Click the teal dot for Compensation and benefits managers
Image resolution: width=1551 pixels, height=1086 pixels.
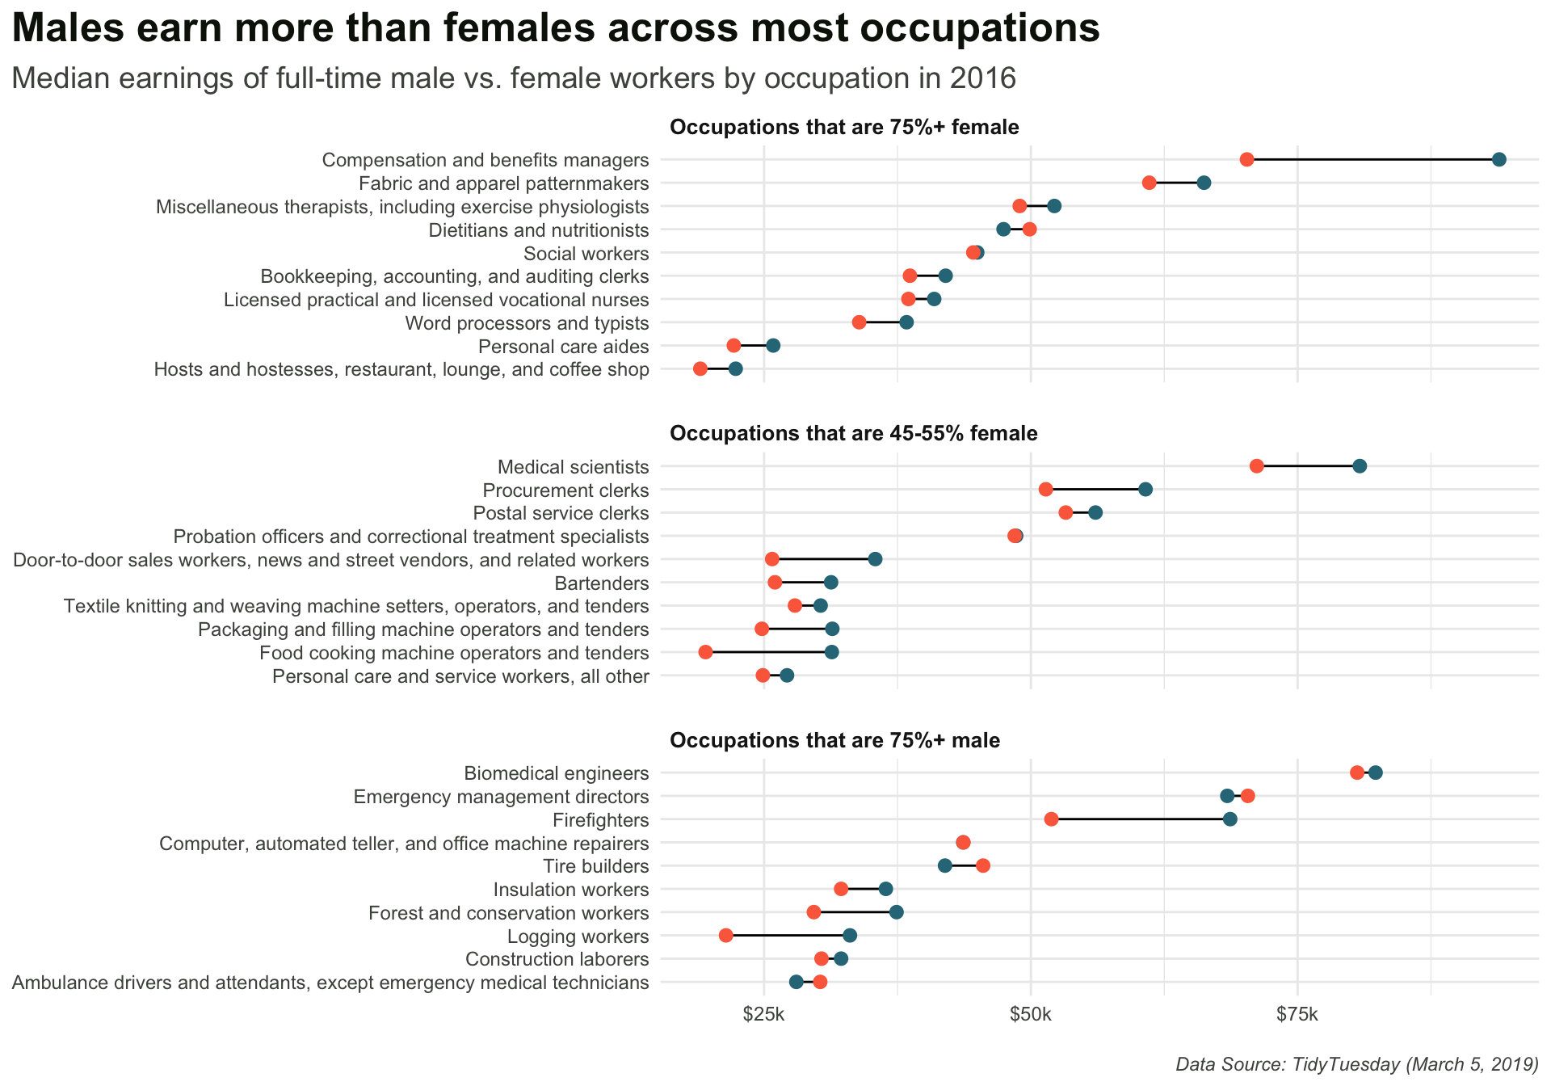click(1498, 159)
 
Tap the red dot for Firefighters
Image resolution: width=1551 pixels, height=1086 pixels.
click(1051, 819)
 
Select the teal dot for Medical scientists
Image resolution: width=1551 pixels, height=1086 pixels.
click(1360, 466)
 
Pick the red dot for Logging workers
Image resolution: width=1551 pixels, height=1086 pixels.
click(725, 936)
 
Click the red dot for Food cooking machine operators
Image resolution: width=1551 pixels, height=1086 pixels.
click(705, 652)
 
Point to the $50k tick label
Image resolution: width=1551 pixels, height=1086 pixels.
click(1031, 1014)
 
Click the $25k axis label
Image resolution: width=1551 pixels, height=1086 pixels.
click(763, 1014)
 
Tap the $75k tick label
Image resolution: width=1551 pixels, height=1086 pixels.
click(1297, 1014)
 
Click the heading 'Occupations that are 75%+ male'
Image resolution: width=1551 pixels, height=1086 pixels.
click(835, 740)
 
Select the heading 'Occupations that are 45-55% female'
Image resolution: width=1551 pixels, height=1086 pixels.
click(854, 434)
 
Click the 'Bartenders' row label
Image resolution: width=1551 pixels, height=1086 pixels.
click(602, 583)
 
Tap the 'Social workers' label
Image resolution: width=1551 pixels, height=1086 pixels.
click(586, 254)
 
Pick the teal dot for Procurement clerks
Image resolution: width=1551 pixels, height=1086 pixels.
click(1145, 490)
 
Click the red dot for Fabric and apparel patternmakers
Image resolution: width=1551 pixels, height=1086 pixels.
click(1149, 183)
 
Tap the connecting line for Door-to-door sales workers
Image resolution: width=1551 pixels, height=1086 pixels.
click(823, 559)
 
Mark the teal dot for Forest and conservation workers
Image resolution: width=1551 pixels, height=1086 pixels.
click(897, 912)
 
